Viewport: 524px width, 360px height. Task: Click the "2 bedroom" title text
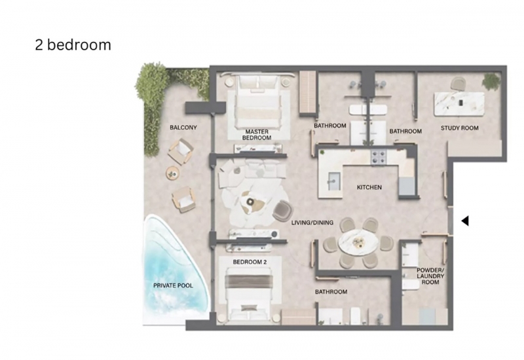73,45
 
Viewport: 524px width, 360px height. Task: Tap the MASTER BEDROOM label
257,135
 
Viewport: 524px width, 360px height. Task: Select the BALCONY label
183,127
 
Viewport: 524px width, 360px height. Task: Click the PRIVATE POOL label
173,285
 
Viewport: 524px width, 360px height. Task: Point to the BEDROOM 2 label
250,262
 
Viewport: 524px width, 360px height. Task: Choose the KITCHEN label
369,187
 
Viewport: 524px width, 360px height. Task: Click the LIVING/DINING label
312,223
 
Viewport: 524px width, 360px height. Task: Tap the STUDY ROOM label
460,128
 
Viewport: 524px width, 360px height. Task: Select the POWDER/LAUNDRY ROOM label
430,276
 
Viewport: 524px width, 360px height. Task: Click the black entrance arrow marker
465,221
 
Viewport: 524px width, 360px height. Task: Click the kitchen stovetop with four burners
379,157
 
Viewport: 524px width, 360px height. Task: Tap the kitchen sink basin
334,181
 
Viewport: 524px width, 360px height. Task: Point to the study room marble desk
459,104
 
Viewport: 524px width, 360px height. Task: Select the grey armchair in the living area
282,210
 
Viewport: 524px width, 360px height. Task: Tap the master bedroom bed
258,102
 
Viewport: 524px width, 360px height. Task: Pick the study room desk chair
458,84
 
